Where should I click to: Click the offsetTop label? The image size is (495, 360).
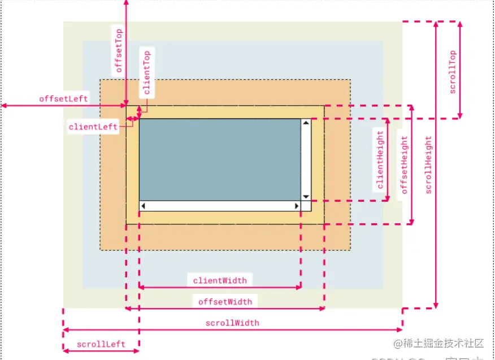pyautogui.click(x=119, y=51)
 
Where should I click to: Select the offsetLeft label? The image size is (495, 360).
pyautogui.click(x=63, y=98)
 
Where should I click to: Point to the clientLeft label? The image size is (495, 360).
pyautogui.click(x=93, y=127)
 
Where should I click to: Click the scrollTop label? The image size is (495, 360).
pyautogui.click(x=452, y=72)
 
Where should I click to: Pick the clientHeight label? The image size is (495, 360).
pyautogui.click(x=380, y=159)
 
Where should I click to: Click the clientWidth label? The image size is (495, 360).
pyautogui.click(x=220, y=280)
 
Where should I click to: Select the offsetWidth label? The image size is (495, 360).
pyautogui.click(x=225, y=301)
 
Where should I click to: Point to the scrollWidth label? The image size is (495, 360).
pyautogui.click(x=232, y=323)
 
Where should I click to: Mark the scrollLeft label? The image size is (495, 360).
pyautogui.click(x=101, y=344)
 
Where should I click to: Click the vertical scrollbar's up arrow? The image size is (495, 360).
pyautogui.click(x=306, y=122)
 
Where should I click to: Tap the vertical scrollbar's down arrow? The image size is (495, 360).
pyautogui.click(x=306, y=197)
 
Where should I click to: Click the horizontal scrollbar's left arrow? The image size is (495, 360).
pyautogui.click(x=143, y=206)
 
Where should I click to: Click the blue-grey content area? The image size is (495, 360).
pyautogui.click(x=219, y=158)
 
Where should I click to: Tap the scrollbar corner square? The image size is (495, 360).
pyautogui.click(x=306, y=206)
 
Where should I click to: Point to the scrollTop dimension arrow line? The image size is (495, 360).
pyautogui.click(x=461, y=70)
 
